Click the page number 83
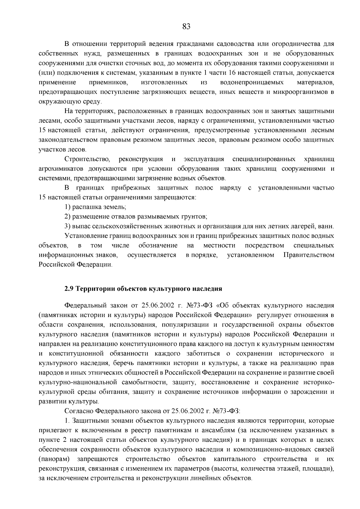pos(186,27)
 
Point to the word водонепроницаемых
pos(252,82)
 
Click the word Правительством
pos(309,255)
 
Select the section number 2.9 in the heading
pos(69,289)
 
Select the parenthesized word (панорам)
pos(54,459)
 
